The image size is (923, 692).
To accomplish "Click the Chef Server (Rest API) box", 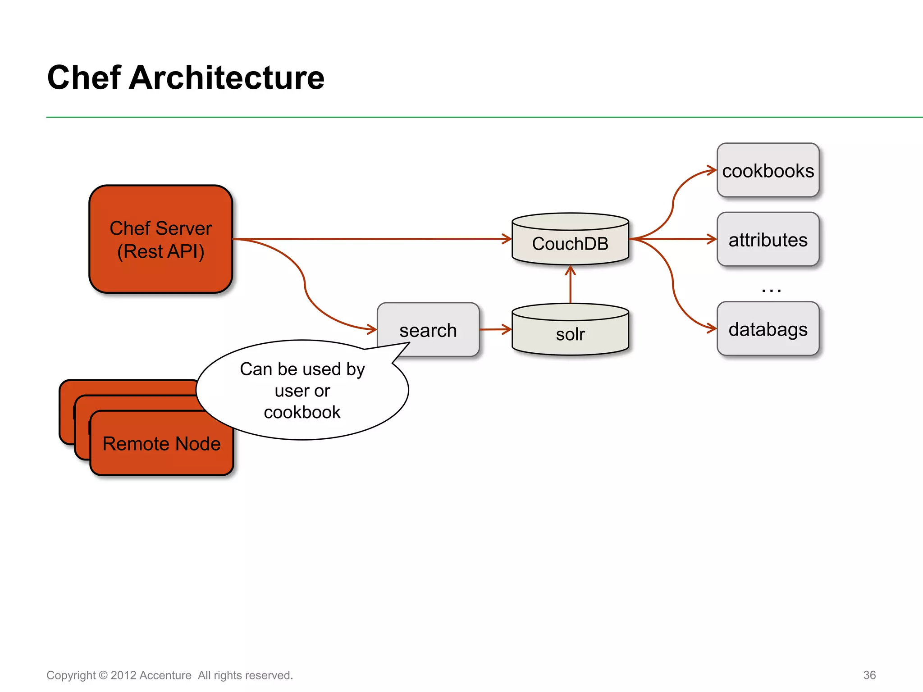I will [161, 239].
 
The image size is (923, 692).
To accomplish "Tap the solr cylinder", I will [570, 333].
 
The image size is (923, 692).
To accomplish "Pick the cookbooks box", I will [768, 170].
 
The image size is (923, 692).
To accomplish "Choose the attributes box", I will [768, 239].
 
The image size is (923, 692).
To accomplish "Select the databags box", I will [768, 329].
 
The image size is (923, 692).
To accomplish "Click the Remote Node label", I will [161, 444].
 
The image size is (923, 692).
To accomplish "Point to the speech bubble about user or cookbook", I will [302, 390].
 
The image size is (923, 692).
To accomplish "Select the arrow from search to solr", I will [495, 329].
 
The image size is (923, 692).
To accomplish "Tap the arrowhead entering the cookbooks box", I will [712, 170].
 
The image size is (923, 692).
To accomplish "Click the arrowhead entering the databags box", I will [712, 328].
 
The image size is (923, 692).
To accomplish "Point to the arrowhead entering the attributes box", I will [712, 239].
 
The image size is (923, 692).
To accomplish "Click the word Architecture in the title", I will [226, 77].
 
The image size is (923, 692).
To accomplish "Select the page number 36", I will [869, 675].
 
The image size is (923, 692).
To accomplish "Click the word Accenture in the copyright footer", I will [165, 675].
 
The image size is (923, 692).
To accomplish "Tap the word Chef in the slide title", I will [84, 77].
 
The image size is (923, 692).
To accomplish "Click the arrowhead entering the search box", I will [372, 329].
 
